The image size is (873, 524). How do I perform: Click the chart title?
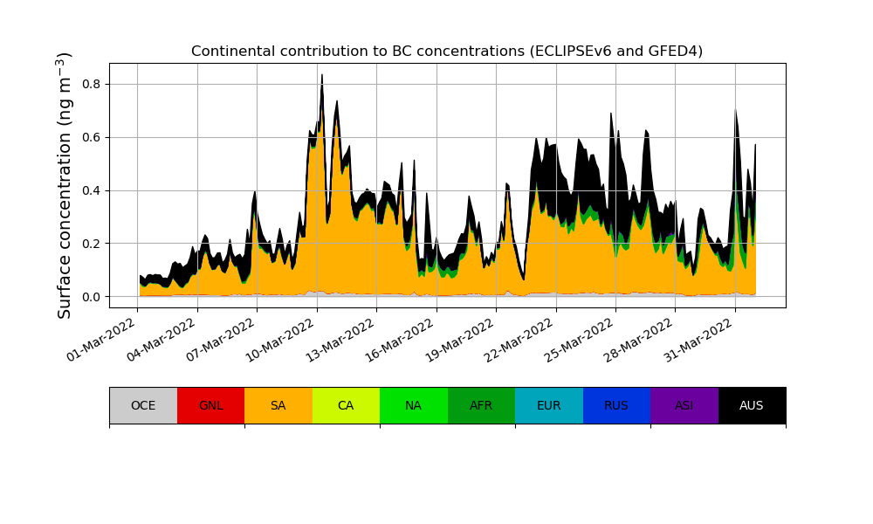pos(447,51)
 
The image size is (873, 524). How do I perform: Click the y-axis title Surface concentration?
pos(65,185)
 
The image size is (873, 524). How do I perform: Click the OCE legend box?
pos(143,405)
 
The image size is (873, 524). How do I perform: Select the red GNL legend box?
pos(210,405)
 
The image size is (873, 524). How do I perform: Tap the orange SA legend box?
pos(278,405)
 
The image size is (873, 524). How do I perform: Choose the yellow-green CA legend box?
pos(346,405)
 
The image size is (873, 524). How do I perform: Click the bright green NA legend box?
pos(414,405)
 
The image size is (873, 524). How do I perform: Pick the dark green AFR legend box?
pos(481,405)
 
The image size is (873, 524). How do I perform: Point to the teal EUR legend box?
pos(549,405)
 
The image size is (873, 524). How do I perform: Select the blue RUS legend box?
pos(616,405)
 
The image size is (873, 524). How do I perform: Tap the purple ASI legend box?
pos(684,405)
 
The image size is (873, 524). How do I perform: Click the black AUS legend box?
pos(752,405)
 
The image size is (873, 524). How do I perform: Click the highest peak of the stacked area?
pos(321,75)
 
